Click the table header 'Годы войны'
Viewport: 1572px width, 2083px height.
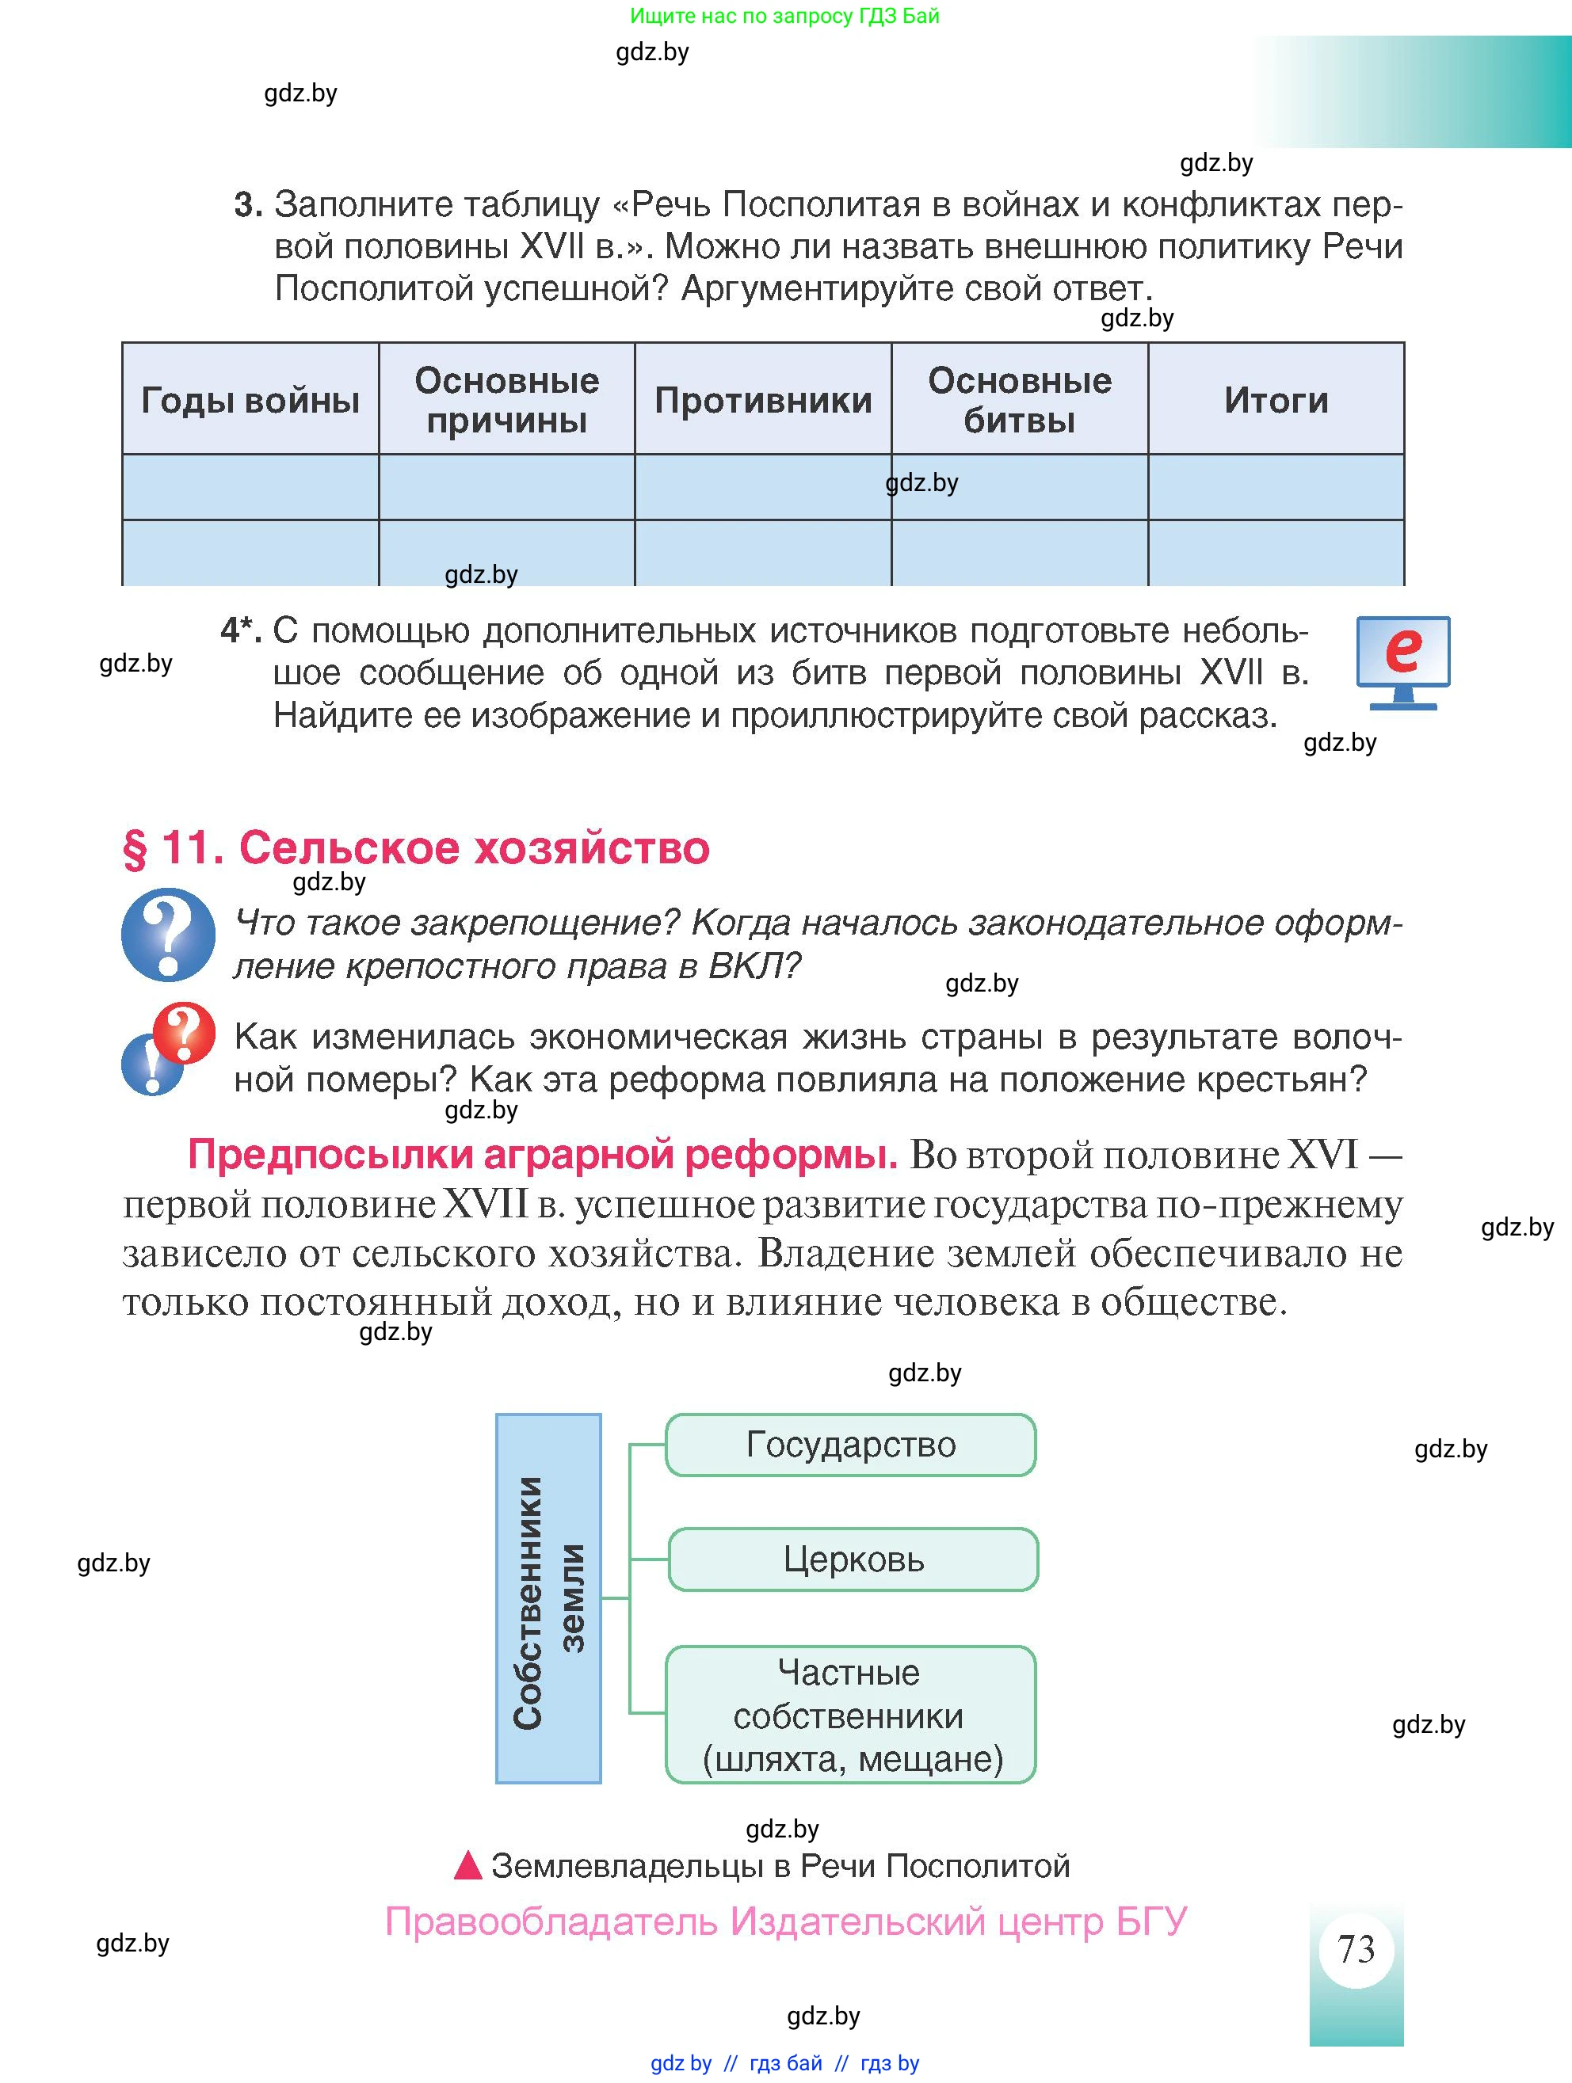pos(250,400)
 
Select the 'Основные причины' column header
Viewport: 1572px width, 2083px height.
pos(507,400)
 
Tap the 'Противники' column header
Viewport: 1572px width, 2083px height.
pos(763,400)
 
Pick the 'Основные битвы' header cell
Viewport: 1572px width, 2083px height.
pos(1019,400)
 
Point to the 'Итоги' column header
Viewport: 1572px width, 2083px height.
pos(1276,400)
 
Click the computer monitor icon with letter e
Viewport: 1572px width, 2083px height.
pos(1402,661)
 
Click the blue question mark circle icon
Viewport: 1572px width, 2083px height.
pos(168,934)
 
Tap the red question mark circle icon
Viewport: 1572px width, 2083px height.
pos(185,1032)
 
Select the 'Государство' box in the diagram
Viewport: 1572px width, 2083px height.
pos(850,1445)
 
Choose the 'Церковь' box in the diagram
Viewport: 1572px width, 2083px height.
pos(853,1559)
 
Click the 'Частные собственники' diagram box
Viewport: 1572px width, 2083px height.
pos(850,1715)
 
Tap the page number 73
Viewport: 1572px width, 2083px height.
pos(1356,1948)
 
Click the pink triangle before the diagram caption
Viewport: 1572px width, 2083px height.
pos(468,1865)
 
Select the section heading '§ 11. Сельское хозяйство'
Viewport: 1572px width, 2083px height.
pos(415,847)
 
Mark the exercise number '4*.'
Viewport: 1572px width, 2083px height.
pos(240,630)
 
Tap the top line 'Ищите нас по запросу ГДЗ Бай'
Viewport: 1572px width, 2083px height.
pos(784,16)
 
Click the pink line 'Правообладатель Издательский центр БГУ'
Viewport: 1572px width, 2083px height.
pos(785,1920)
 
